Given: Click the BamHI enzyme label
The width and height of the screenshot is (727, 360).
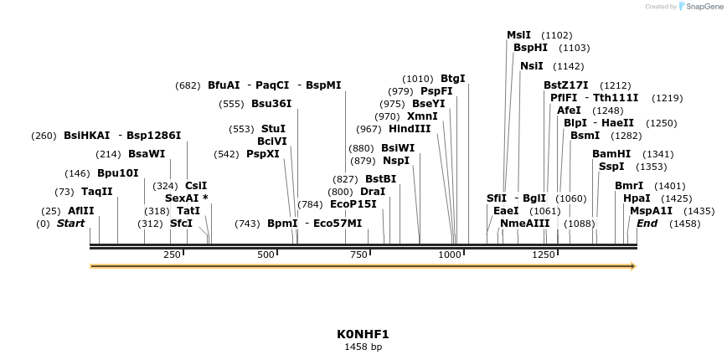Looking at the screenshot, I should point(611,154).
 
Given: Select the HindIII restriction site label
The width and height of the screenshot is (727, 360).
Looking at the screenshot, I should point(410,129).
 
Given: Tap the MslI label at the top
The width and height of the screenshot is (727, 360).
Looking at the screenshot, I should point(518,35).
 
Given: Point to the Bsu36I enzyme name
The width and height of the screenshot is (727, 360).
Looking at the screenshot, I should point(271,104).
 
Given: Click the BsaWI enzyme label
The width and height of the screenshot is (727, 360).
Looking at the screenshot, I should point(147,154).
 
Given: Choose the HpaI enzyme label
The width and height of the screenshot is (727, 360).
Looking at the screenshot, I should point(637,198).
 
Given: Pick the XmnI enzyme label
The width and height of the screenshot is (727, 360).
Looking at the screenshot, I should point(422,116).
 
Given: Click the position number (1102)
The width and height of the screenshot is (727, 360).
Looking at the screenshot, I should point(557,35).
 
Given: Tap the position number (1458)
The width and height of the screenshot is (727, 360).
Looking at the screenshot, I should point(685,224).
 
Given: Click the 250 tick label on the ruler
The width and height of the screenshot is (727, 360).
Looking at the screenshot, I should point(172,255).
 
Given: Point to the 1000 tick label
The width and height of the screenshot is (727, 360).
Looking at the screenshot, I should point(450,255).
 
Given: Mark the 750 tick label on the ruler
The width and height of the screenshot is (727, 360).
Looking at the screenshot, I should point(359,255).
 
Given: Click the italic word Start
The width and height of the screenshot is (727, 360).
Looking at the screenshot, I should point(70,224).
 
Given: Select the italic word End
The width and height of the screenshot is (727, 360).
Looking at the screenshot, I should point(647,224).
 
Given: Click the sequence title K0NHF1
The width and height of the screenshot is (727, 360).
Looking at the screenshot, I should point(363,333).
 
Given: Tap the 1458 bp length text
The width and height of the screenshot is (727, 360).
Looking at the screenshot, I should point(363,347).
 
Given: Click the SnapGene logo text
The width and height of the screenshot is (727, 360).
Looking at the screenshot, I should point(702,6).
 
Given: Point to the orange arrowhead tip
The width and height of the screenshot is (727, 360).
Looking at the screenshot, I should point(634,266).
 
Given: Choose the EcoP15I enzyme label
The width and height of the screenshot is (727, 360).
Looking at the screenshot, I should point(353,203).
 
